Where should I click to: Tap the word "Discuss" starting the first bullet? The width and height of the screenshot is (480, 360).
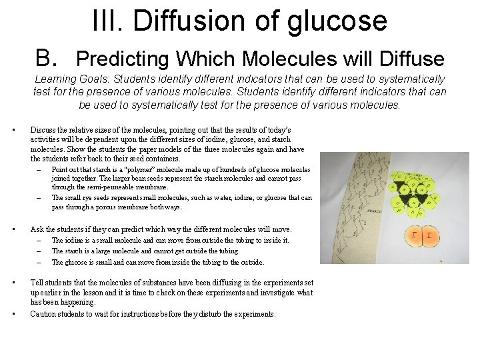pos(45,129)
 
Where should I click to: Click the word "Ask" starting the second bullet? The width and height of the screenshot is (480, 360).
pos(38,229)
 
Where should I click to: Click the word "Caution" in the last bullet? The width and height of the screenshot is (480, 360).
pos(44,314)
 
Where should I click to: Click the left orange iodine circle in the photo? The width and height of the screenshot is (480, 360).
pos(414,235)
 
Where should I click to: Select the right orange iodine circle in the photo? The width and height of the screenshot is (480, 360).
pos(430,236)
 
